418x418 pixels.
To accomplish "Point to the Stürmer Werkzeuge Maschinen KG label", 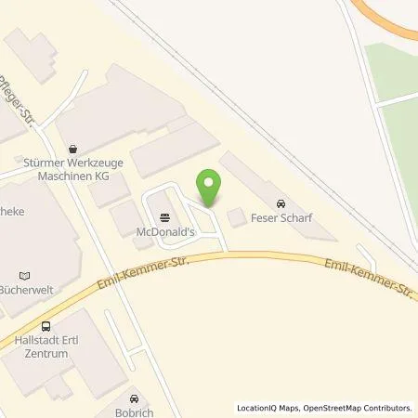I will click(x=73, y=165).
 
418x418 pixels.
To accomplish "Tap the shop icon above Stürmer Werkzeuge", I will click(x=73, y=147).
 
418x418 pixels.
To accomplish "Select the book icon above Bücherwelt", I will click(x=25, y=275).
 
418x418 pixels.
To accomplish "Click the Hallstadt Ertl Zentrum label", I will click(x=46, y=346).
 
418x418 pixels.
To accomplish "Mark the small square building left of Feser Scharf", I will click(x=237, y=216).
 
